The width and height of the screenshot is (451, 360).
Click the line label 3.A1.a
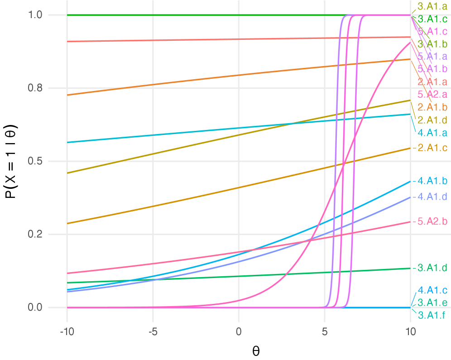click(x=432, y=6)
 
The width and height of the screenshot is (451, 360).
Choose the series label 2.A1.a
click(x=432, y=82)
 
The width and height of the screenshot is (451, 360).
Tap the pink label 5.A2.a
click(x=432, y=95)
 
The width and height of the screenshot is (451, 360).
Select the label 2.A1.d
click(x=432, y=120)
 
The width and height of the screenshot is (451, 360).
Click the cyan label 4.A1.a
click(x=432, y=133)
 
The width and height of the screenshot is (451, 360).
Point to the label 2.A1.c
click(x=432, y=148)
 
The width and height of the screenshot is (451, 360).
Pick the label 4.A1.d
click(x=432, y=197)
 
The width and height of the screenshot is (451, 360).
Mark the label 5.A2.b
click(x=432, y=221)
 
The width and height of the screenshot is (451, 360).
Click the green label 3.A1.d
click(x=432, y=268)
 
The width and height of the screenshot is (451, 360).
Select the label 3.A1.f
click(x=432, y=315)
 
